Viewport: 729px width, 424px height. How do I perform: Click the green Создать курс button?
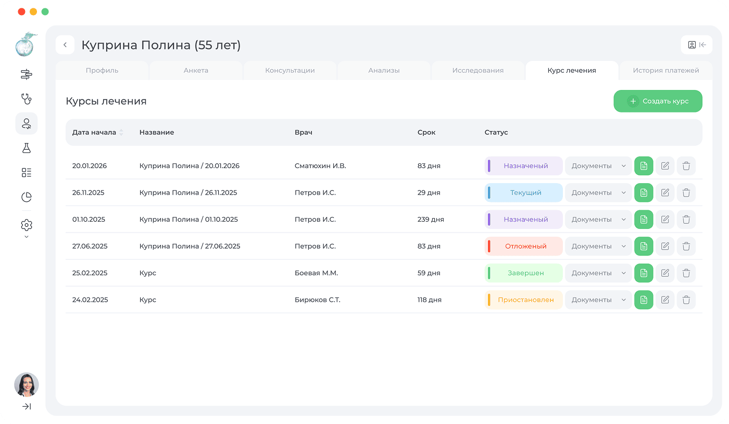point(658,101)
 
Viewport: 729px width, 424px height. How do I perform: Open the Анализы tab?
point(384,70)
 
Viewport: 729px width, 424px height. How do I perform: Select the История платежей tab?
point(666,70)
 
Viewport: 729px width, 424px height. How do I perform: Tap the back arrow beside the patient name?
point(65,45)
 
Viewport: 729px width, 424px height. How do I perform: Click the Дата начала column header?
point(94,132)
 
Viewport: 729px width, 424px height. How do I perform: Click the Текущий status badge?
point(524,192)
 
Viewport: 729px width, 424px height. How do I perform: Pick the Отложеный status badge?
point(524,246)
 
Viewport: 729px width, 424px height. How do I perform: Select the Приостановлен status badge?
point(524,300)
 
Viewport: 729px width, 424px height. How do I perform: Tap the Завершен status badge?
point(524,273)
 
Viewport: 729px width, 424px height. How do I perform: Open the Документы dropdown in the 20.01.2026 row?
point(598,166)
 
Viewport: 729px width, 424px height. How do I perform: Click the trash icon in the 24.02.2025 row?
point(686,300)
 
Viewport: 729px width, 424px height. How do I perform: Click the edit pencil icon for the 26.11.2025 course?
point(665,192)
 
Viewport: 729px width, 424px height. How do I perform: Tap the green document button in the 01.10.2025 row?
point(644,220)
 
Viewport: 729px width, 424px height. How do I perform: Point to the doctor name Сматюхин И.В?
point(320,166)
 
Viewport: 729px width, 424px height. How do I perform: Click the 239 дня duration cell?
point(431,220)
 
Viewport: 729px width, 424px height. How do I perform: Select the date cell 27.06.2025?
point(90,246)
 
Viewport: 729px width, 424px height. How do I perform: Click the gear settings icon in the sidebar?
point(27,225)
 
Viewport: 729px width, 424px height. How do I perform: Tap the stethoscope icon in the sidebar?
point(27,99)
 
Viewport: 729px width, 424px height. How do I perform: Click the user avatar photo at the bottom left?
point(27,384)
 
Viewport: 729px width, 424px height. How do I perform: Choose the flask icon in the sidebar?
point(27,148)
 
